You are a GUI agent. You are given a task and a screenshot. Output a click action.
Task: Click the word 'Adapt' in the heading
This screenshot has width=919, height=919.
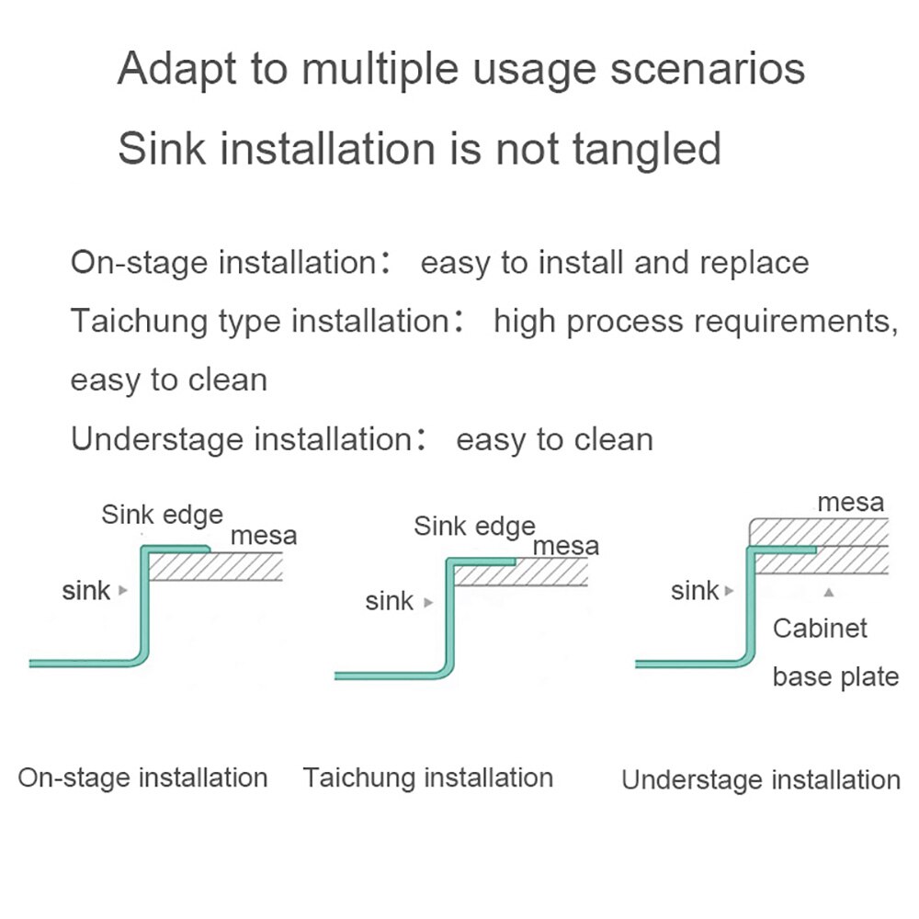tap(176, 70)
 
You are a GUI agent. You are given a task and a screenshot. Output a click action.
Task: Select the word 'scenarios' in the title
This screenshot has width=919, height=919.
tap(708, 69)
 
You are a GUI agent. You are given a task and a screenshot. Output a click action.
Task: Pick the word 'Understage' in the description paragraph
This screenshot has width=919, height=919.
tap(156, 439)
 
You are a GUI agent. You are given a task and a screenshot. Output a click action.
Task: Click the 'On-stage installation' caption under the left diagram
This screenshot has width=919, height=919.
tap(143, 778)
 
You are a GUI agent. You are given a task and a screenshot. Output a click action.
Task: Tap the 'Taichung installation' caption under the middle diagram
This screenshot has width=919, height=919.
tap(428, 778)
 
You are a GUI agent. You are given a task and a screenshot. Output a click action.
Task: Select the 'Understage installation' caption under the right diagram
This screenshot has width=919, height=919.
tap(761, 780)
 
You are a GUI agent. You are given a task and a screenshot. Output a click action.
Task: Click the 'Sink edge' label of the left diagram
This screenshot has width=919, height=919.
tap(163, 516)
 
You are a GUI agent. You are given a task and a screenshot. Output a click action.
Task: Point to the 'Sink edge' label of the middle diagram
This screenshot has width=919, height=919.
tap(475, 527)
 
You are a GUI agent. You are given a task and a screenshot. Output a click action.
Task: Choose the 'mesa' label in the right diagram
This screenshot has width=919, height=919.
tap(850, 503)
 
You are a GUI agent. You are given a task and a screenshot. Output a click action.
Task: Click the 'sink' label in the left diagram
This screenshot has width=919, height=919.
tap(86, 591)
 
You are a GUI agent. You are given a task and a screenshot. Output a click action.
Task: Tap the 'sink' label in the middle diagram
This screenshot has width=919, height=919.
tap(389, 602)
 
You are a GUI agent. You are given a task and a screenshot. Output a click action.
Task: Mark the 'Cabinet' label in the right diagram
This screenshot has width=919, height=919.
tap(820, 629)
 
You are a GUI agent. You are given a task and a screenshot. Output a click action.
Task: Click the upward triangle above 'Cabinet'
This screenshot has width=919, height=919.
tap(829, 593)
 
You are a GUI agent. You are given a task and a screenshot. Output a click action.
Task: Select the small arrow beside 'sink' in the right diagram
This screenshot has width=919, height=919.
tap(730, 591)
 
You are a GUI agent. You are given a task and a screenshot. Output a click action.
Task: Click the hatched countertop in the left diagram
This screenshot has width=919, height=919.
tap(216, 567)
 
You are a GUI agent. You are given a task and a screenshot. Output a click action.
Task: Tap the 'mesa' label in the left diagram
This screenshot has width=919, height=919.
tap(264, 537)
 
